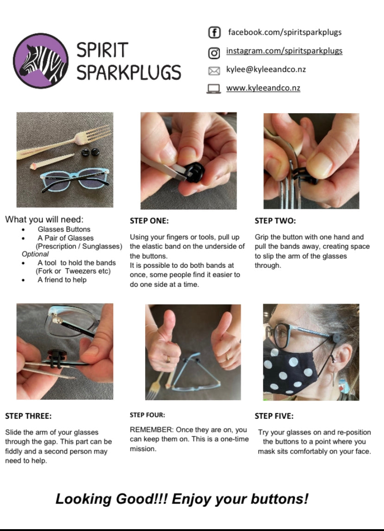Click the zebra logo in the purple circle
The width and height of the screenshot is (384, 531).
pyautogui.click(x=41, y=61)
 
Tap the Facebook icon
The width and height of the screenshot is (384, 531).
pyautogui.click(x=214, y=32)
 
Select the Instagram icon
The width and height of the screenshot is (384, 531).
pyautogui.click(x=214, y=53)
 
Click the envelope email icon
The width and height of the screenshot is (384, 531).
pyautogui.click(x=214, y=71)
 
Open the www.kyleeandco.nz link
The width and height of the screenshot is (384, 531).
pyautogui.click(x=263, y=88)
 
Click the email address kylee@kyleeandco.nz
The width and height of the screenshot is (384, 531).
pyautogui.click(x=266, y=70)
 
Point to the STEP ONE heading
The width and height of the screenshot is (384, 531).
pyautogui.click(x=149, y=221)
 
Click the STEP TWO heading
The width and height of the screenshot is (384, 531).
pyautogui.click(x=275, y=221)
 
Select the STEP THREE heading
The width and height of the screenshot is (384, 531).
pyautogui.click(x=28, y=416)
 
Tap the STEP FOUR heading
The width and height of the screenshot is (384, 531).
pyautogui.click(x=147, y=415)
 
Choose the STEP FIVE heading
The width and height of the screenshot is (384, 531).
pyautogui.click(x=274, y=416)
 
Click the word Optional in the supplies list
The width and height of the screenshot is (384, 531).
pyautogui.click(x=35, y=254)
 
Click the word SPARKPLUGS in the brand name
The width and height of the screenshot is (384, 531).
pyautogui.click(x=128, y=72)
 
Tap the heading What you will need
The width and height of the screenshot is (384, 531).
pyautogui.click(x=45, y=220)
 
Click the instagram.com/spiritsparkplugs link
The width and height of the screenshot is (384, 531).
pyautogui.click(x=284, y=51)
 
